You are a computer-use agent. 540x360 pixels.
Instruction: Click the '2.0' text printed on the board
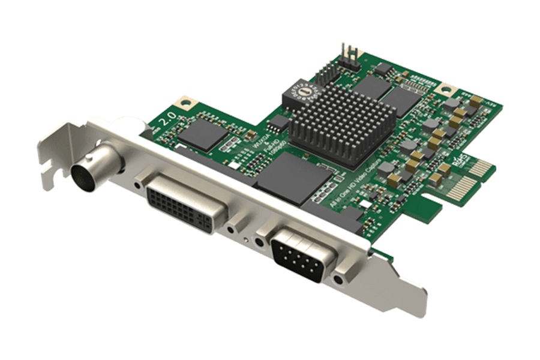click(166, 118)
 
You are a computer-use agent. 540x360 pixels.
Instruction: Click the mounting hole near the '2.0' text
click(185, 103)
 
